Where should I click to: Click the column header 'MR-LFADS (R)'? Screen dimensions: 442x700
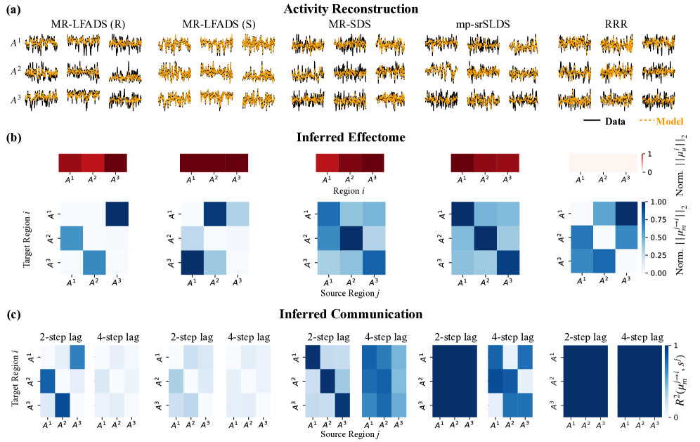(x=82, y=25)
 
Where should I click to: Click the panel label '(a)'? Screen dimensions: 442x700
(x=12, y=9)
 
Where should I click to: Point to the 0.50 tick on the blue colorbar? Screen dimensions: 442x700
(x=659, y=237)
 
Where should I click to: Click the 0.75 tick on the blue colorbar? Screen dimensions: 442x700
(x=659, y=219)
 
